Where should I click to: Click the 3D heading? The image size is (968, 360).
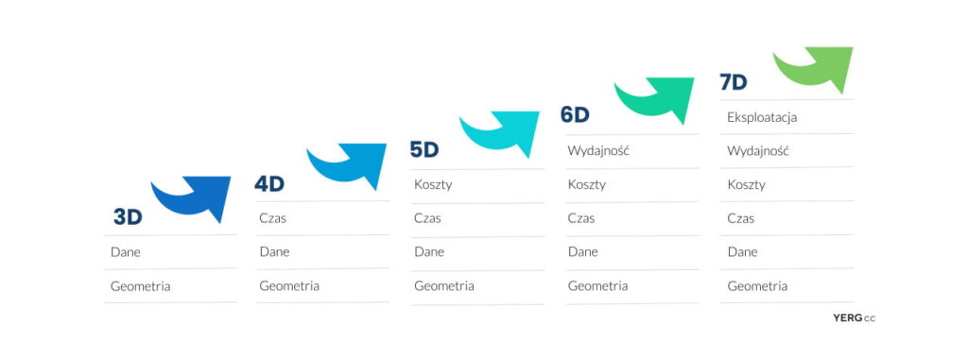pyautogui.click(x=128, y=216)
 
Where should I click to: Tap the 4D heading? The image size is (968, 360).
pyautogui.click(x=269, y=184)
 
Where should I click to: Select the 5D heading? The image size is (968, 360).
pyautogui.click(x=424, y=149)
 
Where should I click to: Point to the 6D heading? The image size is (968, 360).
pyautogui.click(x=575, y=115)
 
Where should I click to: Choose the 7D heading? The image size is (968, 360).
pyautogui.click(x=734, y=82)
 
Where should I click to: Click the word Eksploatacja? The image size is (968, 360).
pyautogui.click(x=762, y=117)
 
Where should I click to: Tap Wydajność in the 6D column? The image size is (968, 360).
pyautogui.click(x=598, y=151)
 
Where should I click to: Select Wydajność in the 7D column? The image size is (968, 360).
pyautogui.click(x=758, y=151)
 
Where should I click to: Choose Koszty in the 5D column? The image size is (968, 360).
pyautogui.click(x=433, y=184)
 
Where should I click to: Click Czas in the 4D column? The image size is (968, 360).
pyautogui.click(x=273, y=218)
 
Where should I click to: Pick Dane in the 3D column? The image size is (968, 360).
pyautogui.click(x=126, y=252)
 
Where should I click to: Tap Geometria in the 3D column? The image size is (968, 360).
pyautogui.click(x=140, y=286)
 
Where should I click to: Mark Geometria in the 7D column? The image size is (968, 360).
pyautogui.click(x=757, y=286)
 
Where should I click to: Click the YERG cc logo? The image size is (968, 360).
pyautogui.click(x=854, y=318)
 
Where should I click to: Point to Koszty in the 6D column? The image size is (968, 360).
pyautogui.click(x=586, y=184)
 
